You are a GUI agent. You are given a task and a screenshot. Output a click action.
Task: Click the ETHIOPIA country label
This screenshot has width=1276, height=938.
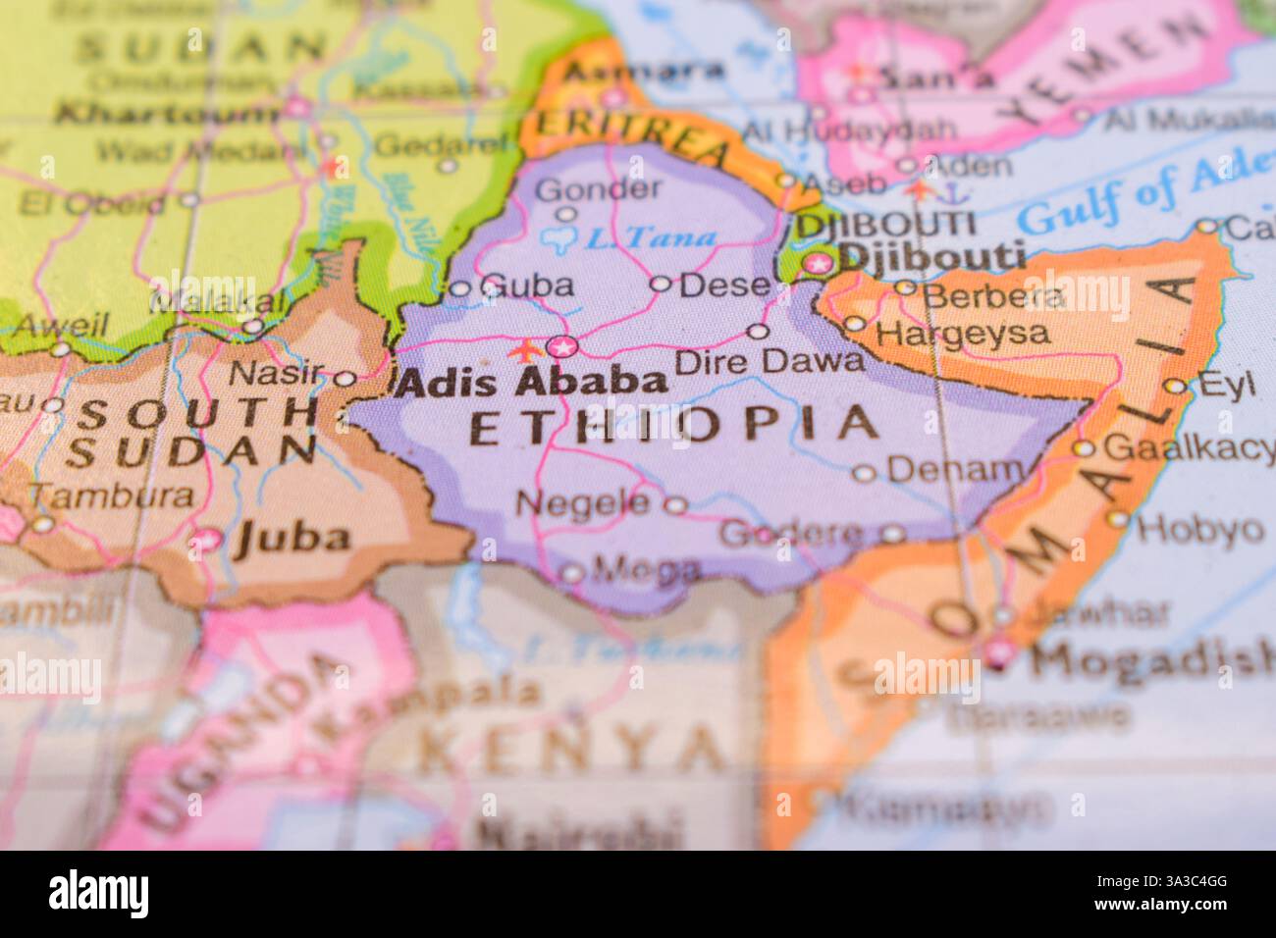click(x=675, y=424)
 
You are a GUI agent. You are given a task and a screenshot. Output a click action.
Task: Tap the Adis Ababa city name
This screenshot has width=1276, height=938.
click(x=531, y=382)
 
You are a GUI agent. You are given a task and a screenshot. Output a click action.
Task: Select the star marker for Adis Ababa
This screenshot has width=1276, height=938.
click(x=562, y=346)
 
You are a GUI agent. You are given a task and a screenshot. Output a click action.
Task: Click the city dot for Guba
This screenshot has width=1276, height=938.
click(x=459, y=288)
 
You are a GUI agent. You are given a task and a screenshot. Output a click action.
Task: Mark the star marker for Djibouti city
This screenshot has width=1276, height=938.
click(x=816, y=262)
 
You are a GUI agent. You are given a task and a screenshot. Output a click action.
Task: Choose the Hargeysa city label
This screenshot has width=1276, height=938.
click(x=961, y=334)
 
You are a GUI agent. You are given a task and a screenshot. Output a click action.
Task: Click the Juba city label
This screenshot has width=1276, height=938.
click(x=292, y=537)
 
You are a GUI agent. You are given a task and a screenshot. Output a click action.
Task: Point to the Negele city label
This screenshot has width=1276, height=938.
click(x=583, y=503)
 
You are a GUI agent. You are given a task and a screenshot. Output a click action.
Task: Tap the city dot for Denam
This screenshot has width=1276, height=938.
click(x=864, y=474)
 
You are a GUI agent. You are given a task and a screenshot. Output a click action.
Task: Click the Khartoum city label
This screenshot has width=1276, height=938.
click(x=167, y=113)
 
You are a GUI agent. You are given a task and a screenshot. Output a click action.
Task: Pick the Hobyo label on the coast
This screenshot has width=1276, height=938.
click(x=1199, y=529)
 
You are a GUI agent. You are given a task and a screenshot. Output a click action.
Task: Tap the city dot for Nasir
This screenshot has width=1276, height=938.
click(x=346, y=378)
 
